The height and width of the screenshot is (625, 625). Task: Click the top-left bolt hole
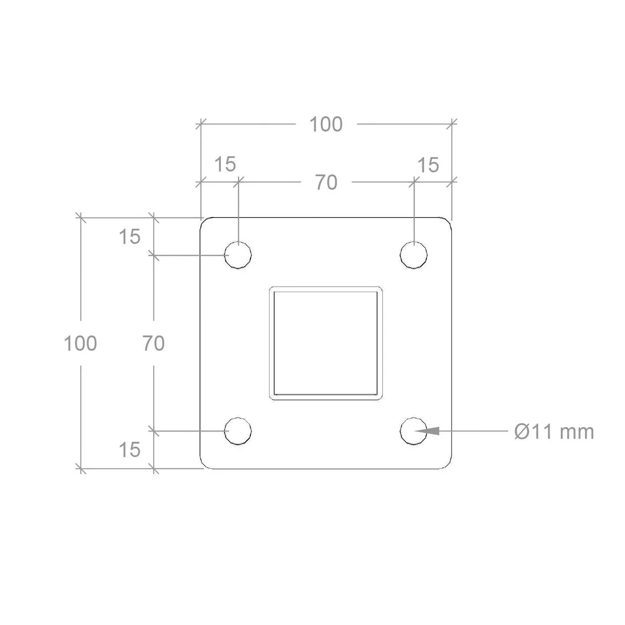(x=238, y=255)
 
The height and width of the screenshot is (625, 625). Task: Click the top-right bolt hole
(x=414, y=255)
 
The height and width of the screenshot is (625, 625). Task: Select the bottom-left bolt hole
(x=238, y=431)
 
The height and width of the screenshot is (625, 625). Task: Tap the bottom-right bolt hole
(x=414, y=431)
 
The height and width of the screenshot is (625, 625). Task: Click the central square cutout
(x=326, y=343)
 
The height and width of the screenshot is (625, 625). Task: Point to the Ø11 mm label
(x=554, y=432)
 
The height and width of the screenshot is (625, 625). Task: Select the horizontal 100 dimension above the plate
(x=326, y=124)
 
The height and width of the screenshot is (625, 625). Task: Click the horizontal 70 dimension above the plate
(x=326, y=182)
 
